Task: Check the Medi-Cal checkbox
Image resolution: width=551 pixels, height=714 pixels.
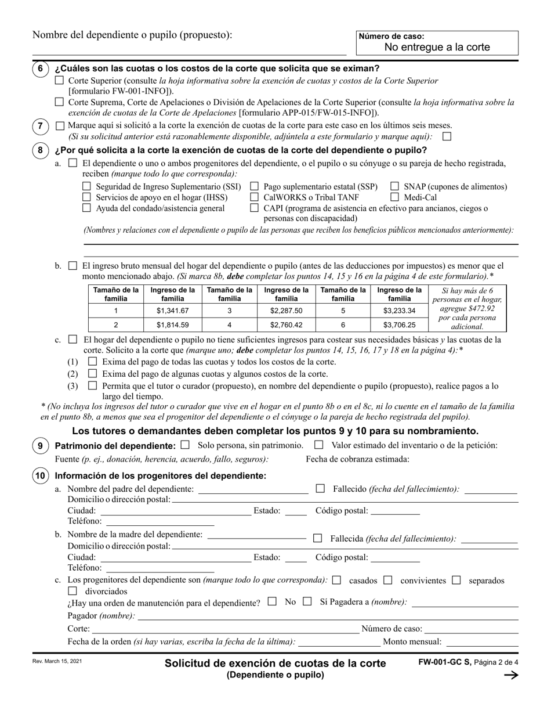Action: [x=394, y=197]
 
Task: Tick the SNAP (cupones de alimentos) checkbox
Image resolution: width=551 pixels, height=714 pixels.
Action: [x=394, y=186]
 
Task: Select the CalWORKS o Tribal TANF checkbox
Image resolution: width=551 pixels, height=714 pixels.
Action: [x=254, y=197]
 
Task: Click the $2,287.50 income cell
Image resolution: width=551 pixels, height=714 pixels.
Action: [x=286, y=311]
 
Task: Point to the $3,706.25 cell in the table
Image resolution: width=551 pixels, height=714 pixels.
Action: [x=399, y=325]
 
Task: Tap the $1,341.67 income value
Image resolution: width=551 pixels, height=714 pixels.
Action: [x=172, y=311]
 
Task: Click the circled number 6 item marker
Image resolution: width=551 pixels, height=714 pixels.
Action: [x=40, y=68]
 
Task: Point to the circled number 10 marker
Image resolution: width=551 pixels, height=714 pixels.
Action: [x=40, y=476]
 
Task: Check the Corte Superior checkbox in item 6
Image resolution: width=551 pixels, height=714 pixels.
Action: [x=59, y=81]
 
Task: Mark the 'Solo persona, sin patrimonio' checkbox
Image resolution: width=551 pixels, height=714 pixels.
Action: [x=185, y=445]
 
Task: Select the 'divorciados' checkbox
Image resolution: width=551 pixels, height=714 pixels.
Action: [x=72, y=591]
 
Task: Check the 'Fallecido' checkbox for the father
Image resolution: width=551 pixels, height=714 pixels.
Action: [x=320, y=489]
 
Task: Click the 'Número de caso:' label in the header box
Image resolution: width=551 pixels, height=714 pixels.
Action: [x=391, y=36]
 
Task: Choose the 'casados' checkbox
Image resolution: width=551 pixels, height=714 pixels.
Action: [x=337, y=580]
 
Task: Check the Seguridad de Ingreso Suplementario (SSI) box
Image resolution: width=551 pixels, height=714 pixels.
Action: [x=86, y=186]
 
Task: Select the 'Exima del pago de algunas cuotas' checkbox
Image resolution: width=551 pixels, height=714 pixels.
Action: [x=92, y=374]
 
